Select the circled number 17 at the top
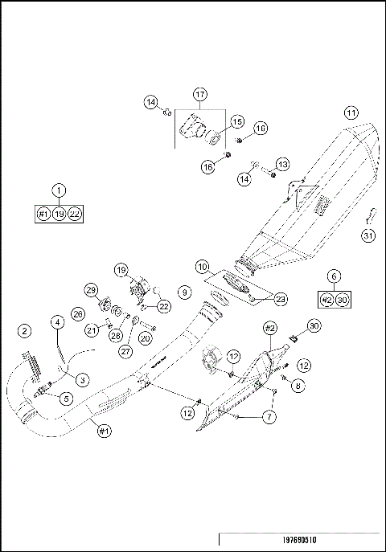[x=200, y=95]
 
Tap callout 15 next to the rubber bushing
[x=237, y=121]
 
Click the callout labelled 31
[x=368, y=235]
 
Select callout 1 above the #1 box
[x=59, y=190]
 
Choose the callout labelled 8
[x=298, y=386]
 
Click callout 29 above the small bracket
[x=91, y=289]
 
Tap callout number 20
[x=146, y=338]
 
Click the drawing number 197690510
[x=299, y=542]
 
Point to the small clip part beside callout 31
[x=371, y=215]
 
